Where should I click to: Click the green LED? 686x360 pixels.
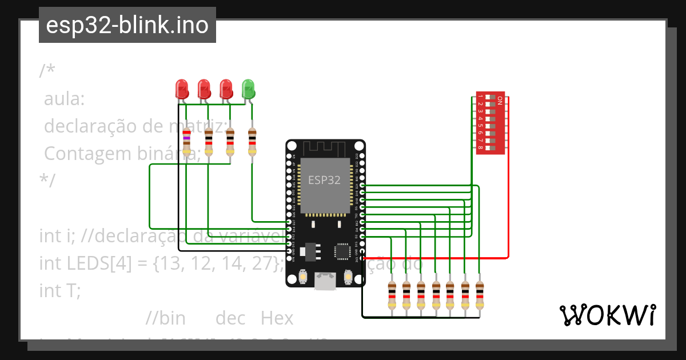click(x=248, y=89)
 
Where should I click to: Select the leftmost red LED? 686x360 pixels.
click(x=182, y=89)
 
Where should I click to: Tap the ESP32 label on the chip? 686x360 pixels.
click(x=324, y=180)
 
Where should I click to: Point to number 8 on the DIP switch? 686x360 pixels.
click(x=481, y=149)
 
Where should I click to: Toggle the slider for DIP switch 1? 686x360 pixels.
click(x=490, y=97)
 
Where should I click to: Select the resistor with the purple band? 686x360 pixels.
click(x=186, y=143)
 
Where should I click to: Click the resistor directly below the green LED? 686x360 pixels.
click(x=252, y=142)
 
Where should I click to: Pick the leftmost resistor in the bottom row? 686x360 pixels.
click(x=392, y=296)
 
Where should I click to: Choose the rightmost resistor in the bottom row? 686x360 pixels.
click(x=479, y=296)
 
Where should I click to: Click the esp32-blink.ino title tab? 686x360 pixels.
click(x=127, y=25)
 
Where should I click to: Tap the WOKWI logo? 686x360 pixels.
click(x=607, y=315)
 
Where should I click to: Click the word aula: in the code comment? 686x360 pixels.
click(x=65, y=99)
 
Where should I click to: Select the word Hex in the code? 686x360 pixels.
click(x=277, y=318)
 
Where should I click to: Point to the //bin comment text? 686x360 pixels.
click(x=165, y=318)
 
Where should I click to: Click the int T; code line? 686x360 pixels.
click(x=60, y=290)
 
